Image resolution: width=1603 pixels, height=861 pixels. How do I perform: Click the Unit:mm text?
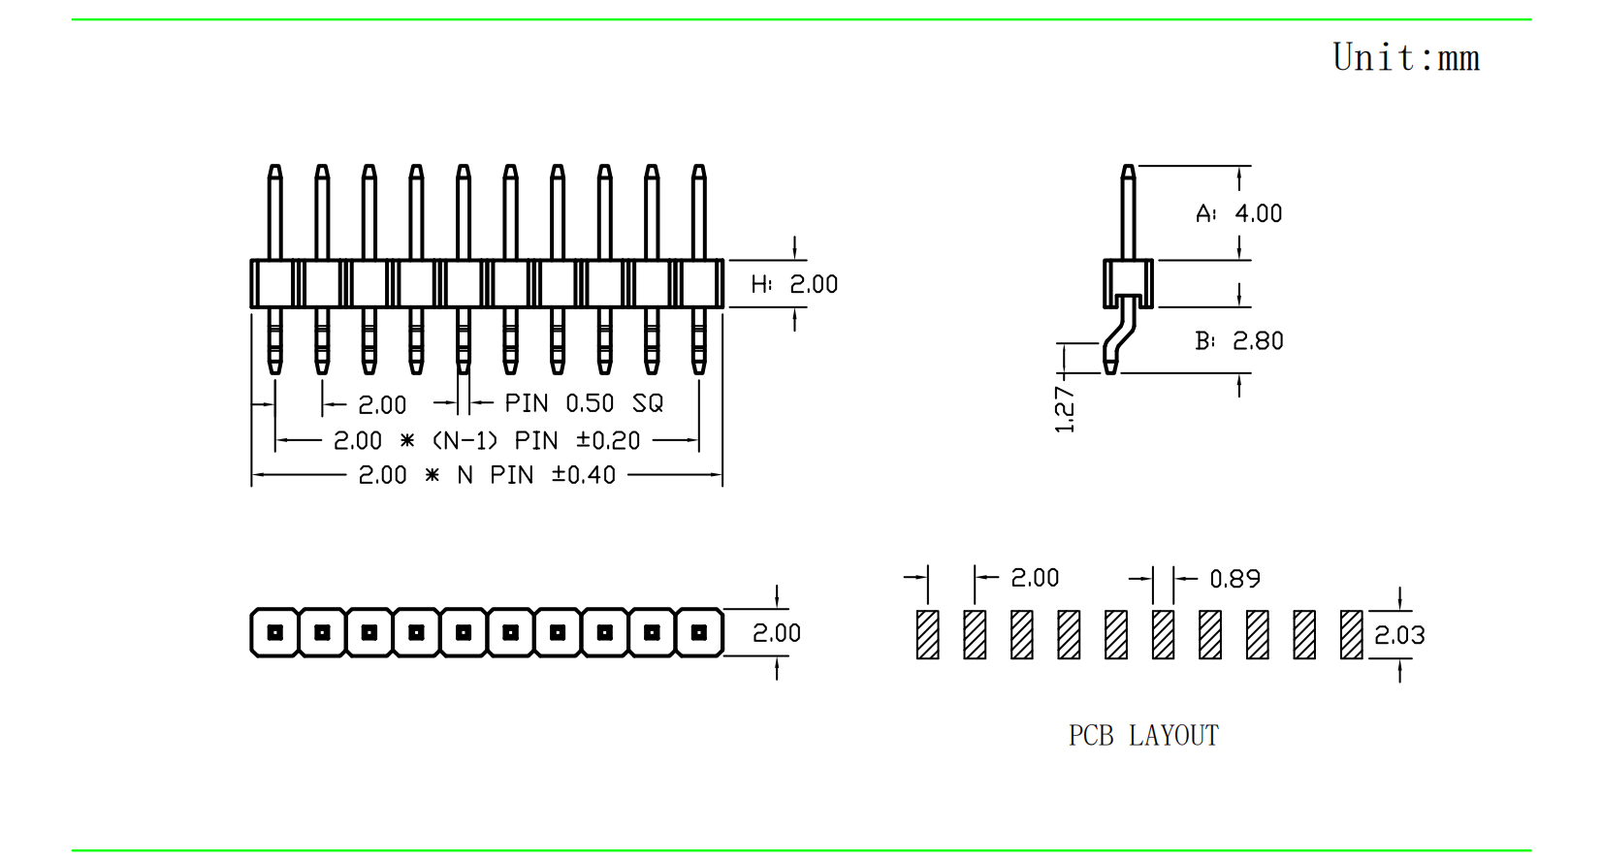1405,58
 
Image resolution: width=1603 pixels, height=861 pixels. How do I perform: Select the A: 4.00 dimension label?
1238,213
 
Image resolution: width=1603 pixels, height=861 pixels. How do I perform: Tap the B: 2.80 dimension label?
1238,341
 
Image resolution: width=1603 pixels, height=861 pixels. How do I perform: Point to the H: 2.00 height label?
794,284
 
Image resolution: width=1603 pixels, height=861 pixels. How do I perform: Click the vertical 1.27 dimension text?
1065,409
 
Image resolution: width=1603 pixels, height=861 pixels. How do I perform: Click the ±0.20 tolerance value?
608,441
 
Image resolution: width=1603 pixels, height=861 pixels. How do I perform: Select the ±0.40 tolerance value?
584,475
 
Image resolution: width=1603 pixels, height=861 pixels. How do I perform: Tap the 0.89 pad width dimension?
1234,579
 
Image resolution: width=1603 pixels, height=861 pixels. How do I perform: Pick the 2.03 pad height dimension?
1399,636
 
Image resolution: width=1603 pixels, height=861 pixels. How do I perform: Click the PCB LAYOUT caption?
1143,736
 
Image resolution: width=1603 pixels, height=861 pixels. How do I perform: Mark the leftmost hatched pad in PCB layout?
928,635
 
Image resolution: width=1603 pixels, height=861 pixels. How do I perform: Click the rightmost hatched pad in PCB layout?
1352,635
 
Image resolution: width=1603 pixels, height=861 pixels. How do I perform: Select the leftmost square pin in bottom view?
275,633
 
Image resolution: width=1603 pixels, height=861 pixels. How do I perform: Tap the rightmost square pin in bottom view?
699,633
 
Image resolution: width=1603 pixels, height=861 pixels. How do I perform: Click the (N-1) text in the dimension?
465,441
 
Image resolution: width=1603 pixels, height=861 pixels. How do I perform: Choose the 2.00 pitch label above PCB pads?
1035,579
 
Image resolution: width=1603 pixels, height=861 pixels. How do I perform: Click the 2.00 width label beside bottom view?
777,634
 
